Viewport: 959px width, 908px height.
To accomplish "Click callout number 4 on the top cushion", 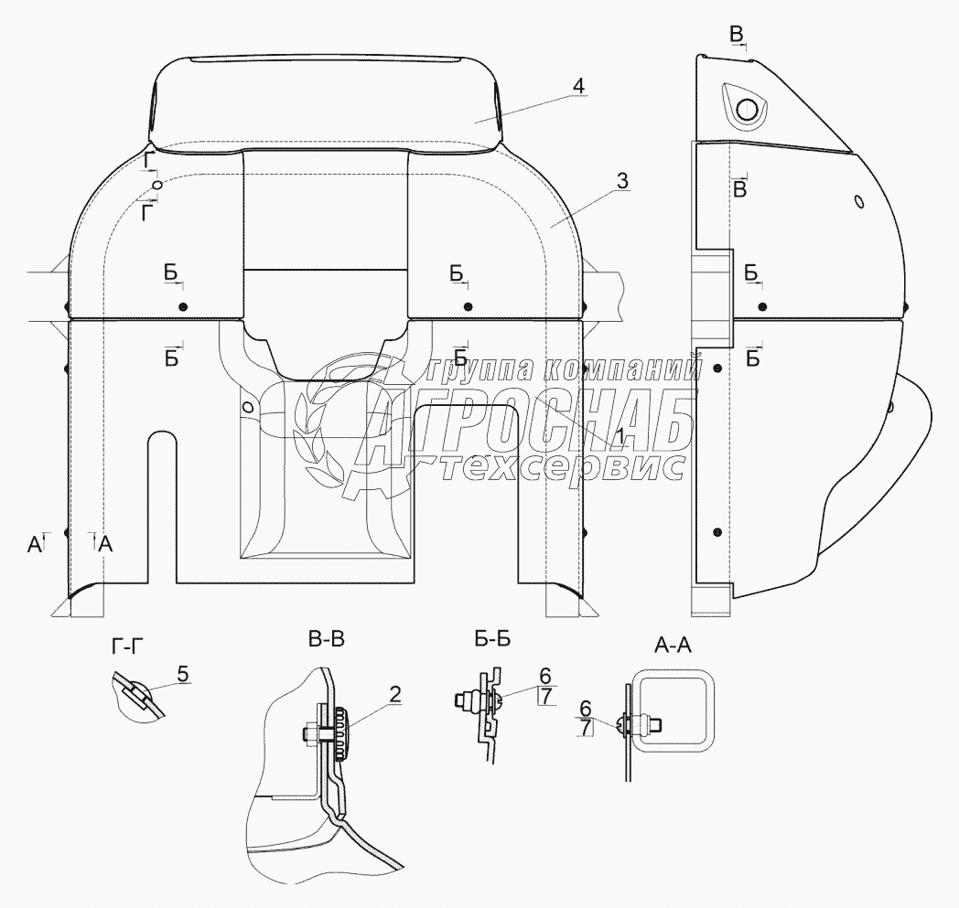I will click(x=576, y=86).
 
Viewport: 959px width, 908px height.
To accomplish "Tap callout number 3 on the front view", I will click(x=621, y=181).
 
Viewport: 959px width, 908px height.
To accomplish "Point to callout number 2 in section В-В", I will click(x=395, y=694).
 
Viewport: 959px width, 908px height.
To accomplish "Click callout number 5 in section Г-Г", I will click(x=182, y=675).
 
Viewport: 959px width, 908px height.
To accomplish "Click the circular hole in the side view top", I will click(x=747, y=111).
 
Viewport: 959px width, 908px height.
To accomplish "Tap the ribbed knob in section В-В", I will click(x=340, y=732).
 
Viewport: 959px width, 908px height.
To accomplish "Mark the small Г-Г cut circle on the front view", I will click(x=156, y=185).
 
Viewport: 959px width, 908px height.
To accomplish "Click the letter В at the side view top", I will click(x=737, y=34).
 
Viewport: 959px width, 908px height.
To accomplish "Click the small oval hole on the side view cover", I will click(x=858, y=201).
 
